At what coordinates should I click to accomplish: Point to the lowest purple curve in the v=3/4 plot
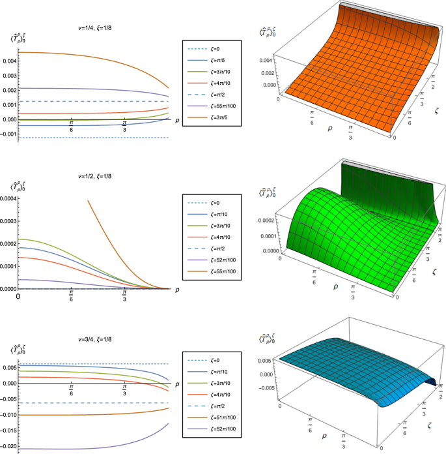coord(85,448)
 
